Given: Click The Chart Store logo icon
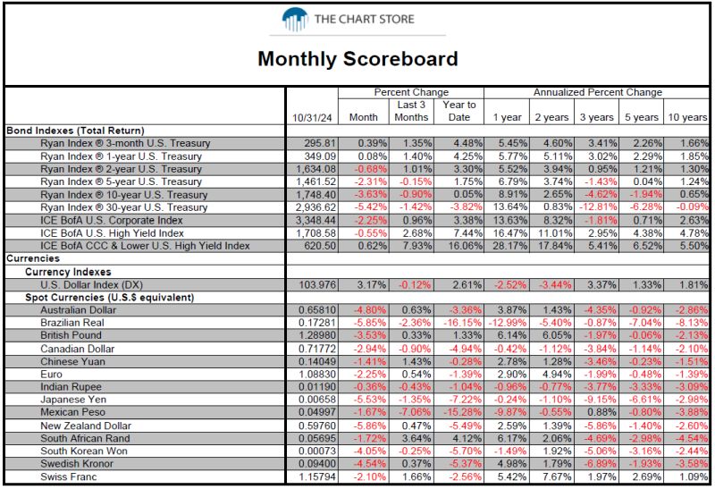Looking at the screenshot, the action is click(x=295, y=19).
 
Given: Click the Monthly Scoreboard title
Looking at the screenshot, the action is click(x=357, y=59).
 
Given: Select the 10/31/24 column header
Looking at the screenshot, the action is click(x=312, y=117).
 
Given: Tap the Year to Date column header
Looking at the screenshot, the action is click(x=458, y=111).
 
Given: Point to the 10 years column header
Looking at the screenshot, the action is click(x=687, y=117).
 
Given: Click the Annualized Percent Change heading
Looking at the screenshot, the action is click(x=597, y=92).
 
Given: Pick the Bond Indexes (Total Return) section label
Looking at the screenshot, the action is click(x=75, y=131).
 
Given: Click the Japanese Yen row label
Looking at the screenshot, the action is click(x=73, y=400).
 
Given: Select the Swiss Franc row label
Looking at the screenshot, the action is click(x=69, y=477).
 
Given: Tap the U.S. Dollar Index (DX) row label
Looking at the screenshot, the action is click(x=91, y=285).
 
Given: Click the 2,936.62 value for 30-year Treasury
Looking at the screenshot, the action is click(x=315, y=207).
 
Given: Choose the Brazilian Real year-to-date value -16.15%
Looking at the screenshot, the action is click(x=462, y=323).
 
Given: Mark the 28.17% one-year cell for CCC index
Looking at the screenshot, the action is click(x=509, y=246).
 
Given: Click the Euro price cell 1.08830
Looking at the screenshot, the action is click(x=317, y=375).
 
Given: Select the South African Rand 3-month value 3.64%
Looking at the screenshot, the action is click(x=416, y=438).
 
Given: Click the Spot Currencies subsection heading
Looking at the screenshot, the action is click(x=109, y=298).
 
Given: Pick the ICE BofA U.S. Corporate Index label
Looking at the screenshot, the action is click(x=111, y=220).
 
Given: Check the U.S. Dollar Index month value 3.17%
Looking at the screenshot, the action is click(x=372, y=285).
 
